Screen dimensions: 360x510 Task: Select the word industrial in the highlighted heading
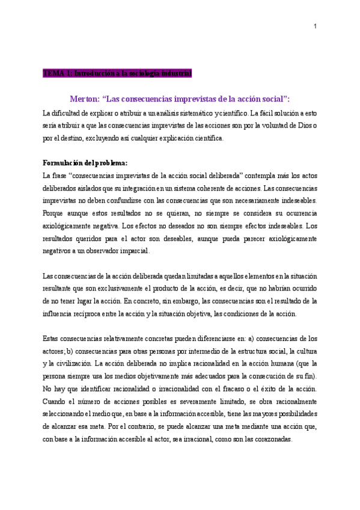tap(175, 73)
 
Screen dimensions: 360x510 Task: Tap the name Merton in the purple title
tap(86, 99)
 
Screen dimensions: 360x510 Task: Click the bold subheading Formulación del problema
tap(85, 163)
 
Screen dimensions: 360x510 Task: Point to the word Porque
tap(56, 213)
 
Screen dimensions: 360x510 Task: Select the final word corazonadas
tap(270, 439)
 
